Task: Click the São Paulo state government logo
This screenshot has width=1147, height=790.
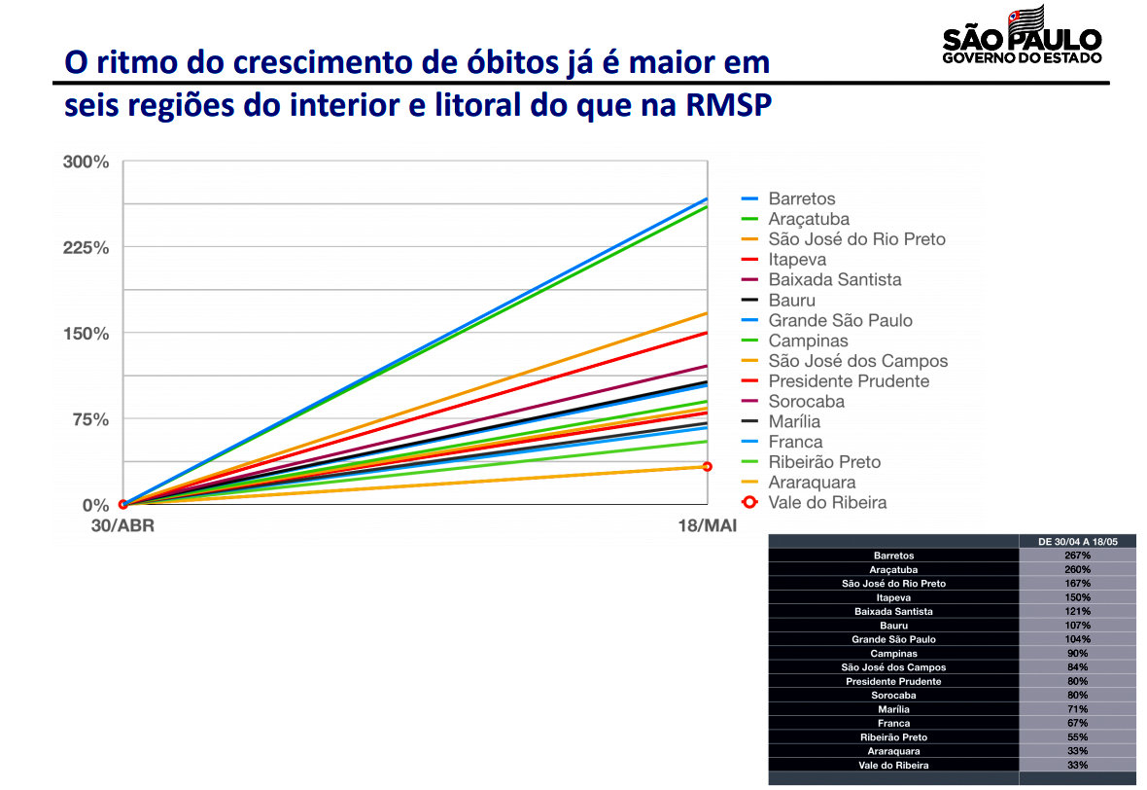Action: click(x=1022, y=36)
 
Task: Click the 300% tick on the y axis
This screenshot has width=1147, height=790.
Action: click(x=87, y=162)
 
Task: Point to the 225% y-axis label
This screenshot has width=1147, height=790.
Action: click(x=87, y=247)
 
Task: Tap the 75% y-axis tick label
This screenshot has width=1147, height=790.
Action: click(x=90, y=419)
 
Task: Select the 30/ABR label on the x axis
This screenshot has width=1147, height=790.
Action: click(x=122, y=526)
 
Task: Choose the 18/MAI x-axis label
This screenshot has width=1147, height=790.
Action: click(x=706, y=526)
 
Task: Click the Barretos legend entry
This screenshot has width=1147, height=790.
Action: click(x=801, y=198)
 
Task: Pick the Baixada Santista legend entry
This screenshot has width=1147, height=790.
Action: click(x=834, y=279)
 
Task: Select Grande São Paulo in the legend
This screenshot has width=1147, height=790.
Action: click(x=840, y=320)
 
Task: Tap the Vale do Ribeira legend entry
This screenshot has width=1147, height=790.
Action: click(x=826, y=502)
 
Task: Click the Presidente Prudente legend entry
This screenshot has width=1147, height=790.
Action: click(x=848, y=381)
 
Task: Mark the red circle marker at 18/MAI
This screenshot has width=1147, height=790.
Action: click(x=707, y=467)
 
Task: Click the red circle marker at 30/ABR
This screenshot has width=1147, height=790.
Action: click(x=123, y=504)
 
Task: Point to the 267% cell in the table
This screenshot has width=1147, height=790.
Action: click(x=1077, y=556)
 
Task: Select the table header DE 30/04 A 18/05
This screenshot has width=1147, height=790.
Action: click(x=1077, y=541)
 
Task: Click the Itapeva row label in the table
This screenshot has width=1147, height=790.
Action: click(x=893, y=597)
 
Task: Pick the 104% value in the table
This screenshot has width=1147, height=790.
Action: click(x=1077, y=639)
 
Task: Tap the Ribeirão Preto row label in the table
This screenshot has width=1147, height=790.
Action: click(x=893, y=737)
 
